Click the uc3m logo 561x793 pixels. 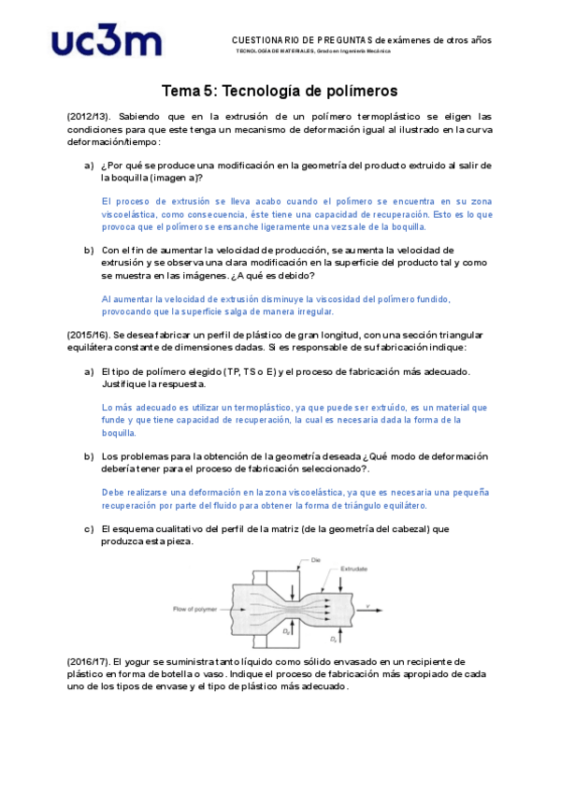(x=108, y=43)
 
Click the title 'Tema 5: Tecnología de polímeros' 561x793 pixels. (x=280, y=91)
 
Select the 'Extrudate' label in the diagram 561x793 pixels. (x=354, y=568)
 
